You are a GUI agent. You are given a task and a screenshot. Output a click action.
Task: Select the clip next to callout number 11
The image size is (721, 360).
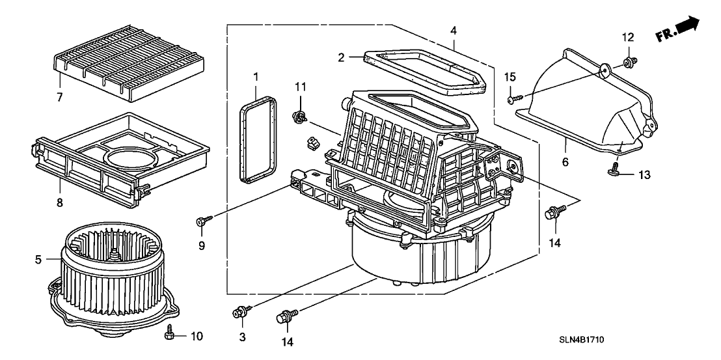pyautogui.click(x=300, y=118)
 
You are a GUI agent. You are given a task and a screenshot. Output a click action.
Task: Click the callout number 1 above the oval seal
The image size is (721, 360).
pyautogui.click(x=256, y=77)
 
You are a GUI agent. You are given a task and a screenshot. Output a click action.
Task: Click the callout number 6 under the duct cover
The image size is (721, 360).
pyautogui.click(x=565, y=161)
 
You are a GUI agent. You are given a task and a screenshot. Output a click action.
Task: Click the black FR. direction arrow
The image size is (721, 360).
pyautogui.click(x=687, y=26)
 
